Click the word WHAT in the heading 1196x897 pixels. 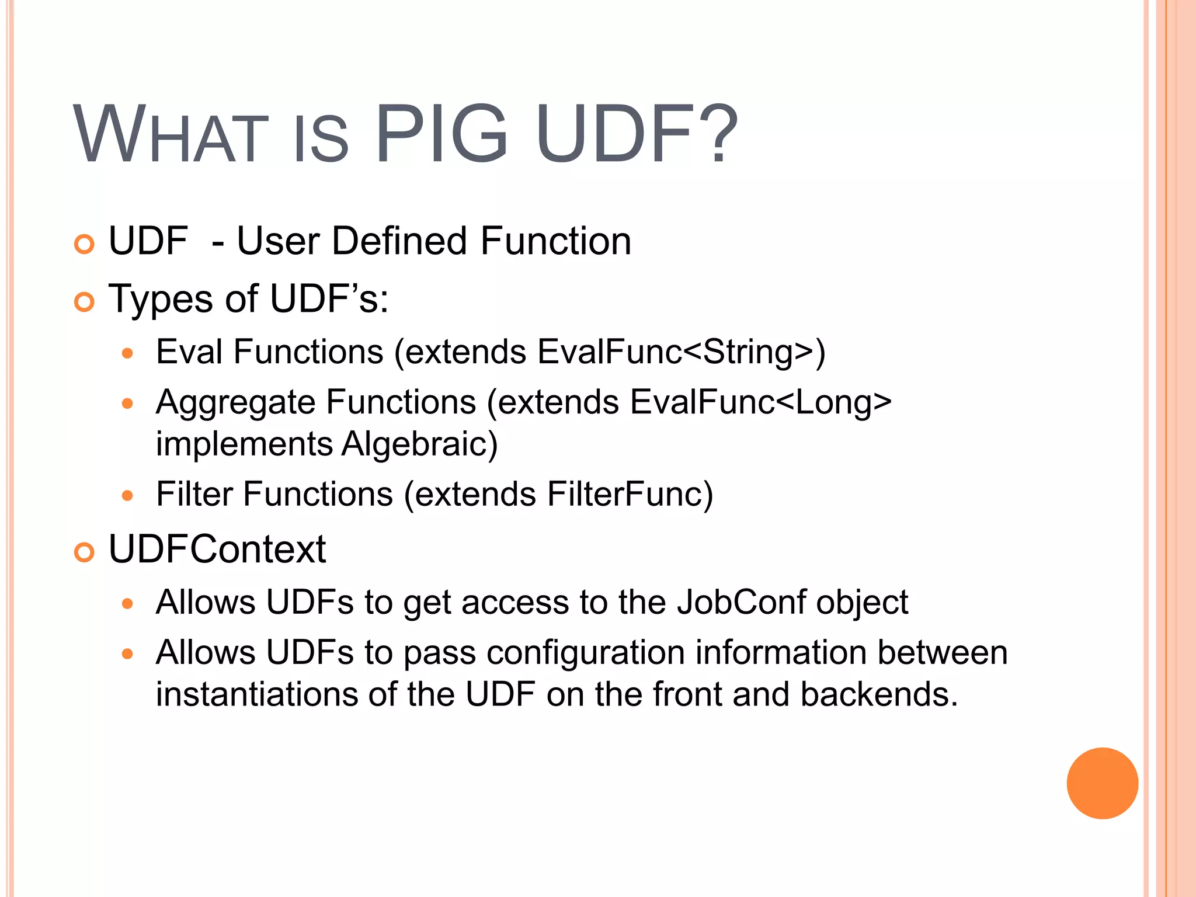[x=170, y=135]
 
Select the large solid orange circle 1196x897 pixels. [x=1102, y=783]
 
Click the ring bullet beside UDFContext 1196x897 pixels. [x=85, y=552]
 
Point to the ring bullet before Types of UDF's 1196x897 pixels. [x=85, y=302]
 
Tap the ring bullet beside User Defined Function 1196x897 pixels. [x=85, y=244]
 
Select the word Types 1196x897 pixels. [x=161, y=300]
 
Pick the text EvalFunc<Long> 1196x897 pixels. [x=760, y=402]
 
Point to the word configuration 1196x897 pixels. [x=585, y=652]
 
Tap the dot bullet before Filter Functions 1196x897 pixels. [x=128, y=496]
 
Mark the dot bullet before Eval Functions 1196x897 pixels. [x=128, y=353]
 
